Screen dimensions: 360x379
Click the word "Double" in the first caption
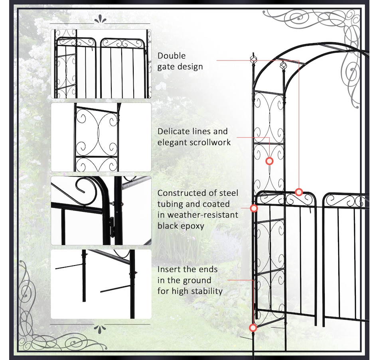172,56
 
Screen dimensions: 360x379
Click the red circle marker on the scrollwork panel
269,161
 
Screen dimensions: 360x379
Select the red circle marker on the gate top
299,192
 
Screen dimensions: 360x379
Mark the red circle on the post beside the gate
254,208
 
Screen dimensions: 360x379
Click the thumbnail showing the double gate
101,64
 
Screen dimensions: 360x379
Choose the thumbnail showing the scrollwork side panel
101,138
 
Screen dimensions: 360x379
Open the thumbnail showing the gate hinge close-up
101,211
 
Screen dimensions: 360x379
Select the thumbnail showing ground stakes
101,284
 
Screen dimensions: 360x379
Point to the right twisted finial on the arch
283,65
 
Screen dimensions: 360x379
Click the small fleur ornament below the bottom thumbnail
101,328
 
